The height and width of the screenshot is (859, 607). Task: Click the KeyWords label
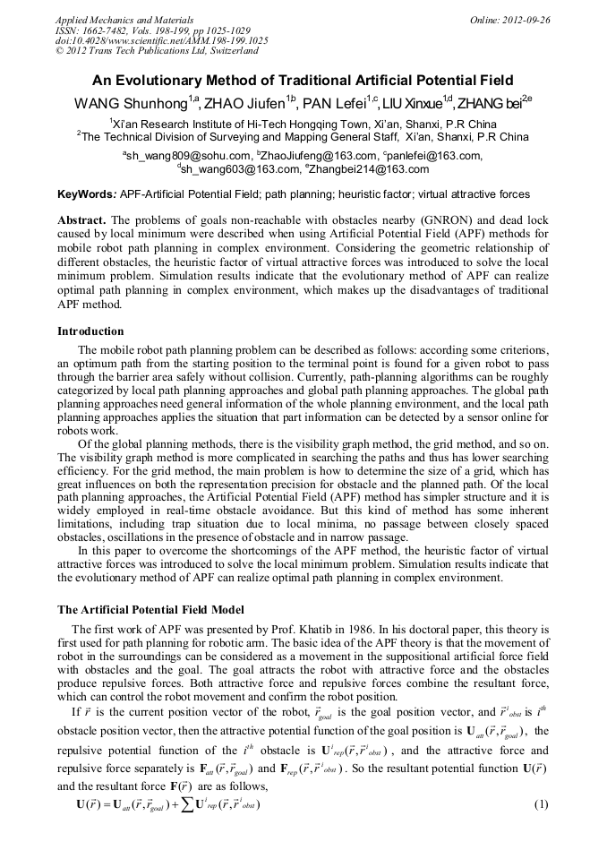pos(86,193)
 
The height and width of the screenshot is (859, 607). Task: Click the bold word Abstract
pos(81,219)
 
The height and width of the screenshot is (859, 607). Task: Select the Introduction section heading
pos(90,331)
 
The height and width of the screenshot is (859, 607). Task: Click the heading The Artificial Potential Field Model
pos(150,609)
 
